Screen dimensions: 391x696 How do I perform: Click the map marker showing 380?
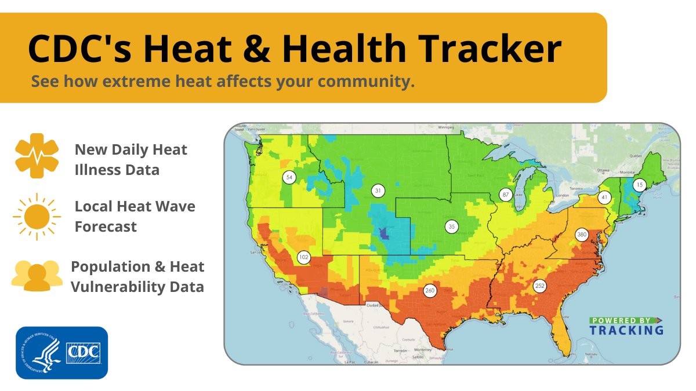[x=582, y=235]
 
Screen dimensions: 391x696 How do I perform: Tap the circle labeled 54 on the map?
[x=289, y=177]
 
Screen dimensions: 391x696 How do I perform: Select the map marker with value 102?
[x=304, y=257]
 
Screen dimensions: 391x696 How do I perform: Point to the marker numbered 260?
[x=430, y=291]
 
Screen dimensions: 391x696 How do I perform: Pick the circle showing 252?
[x=540, y=286]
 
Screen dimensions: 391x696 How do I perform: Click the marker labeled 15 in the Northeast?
[x=639, y=185]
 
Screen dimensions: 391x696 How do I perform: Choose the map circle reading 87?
[x=506, y=195]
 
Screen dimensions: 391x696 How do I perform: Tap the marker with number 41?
[x=604, y=198]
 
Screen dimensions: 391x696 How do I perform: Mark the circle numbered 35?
[x=451, y=226]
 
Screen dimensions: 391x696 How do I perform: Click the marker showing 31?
[x=378, y=191]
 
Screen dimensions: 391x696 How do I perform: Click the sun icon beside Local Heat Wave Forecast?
[x=37, y=217]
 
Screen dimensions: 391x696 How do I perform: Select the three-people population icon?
[x=37, y=276]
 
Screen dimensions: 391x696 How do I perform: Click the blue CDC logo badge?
[x=62, y=353]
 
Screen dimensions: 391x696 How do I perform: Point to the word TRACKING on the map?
[x=626, y=330]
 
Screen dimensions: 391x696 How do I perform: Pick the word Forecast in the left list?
[x=106, y=226]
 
